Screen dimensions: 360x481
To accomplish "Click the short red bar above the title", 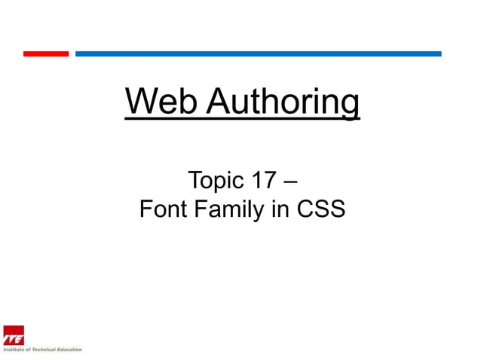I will [x=45, y=53].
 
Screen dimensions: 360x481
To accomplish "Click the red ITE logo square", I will [x=13, y=334].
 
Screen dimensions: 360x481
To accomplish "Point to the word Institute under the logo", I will [x=14, y=349].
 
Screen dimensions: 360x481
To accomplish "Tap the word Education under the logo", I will [x=70, y=349].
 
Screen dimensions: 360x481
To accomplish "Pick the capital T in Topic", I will [x=193, y=181].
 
